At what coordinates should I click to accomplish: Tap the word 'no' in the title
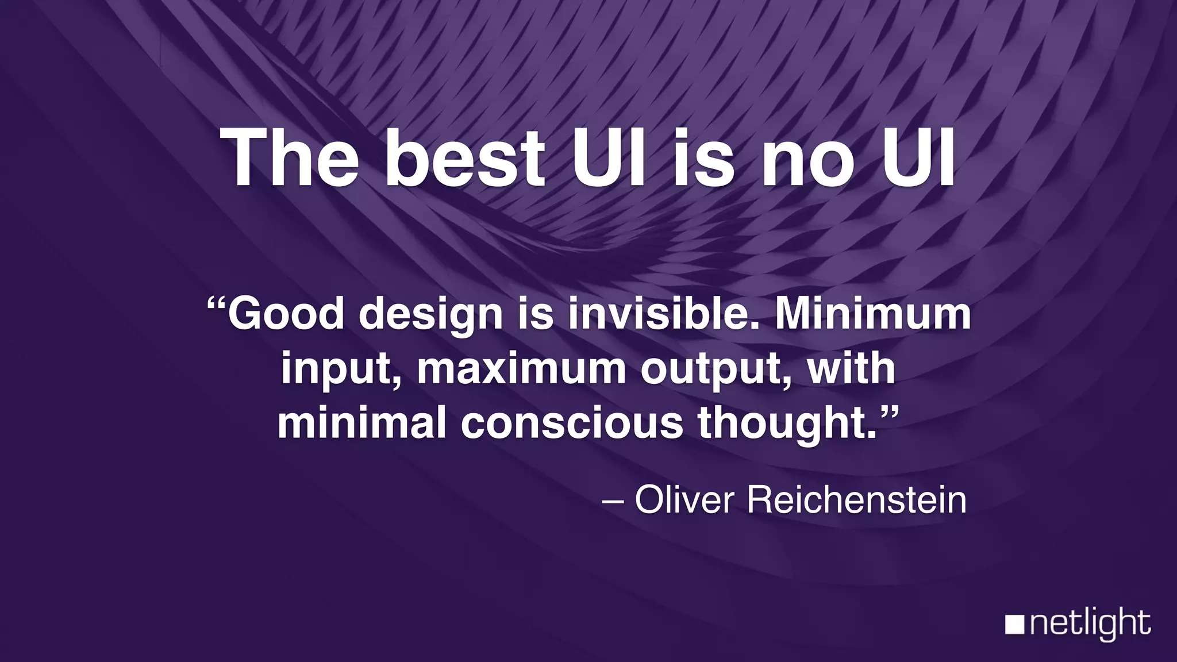click(807, 157)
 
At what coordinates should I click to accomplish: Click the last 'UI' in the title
click(918, 157)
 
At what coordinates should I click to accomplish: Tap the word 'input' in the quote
click(339, 369)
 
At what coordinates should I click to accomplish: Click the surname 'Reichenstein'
click(856, 500)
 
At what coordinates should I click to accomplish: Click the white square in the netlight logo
click(1014, 625)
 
